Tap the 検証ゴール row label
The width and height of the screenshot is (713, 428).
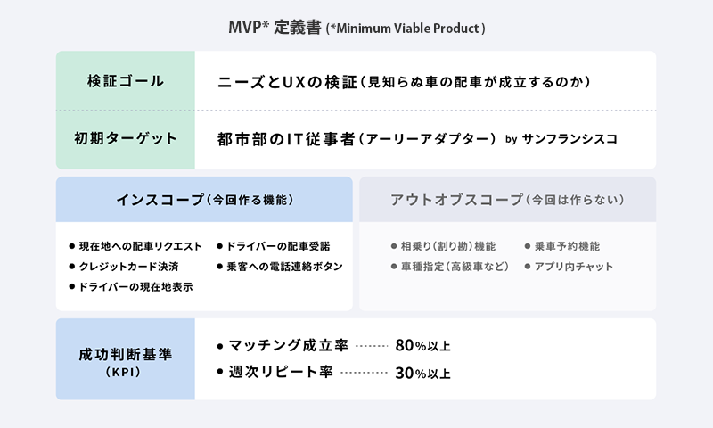click(126, 81)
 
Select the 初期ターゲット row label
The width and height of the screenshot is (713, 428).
click(126, 139)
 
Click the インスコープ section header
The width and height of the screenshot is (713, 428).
click(205, 199)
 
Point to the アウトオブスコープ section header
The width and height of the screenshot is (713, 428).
click(506, 199)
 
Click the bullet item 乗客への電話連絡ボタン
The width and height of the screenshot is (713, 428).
click(283, 266)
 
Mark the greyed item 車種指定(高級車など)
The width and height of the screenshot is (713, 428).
click(454, 266)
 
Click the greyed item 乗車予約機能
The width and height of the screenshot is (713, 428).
click(573, 245)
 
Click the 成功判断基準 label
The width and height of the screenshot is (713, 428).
click(126, 353)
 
